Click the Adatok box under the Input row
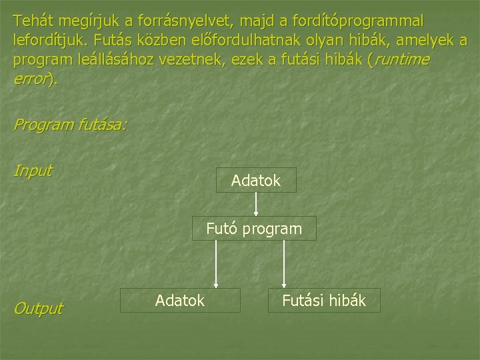256,180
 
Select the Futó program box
254,229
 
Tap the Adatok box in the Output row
180,301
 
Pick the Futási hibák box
323,301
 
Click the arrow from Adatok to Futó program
256,204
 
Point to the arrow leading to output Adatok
215,265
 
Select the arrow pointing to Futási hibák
285,265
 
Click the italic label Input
32,170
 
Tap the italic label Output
37,308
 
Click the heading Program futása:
70,124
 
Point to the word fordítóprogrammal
353,21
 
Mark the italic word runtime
401,59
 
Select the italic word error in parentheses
31,78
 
